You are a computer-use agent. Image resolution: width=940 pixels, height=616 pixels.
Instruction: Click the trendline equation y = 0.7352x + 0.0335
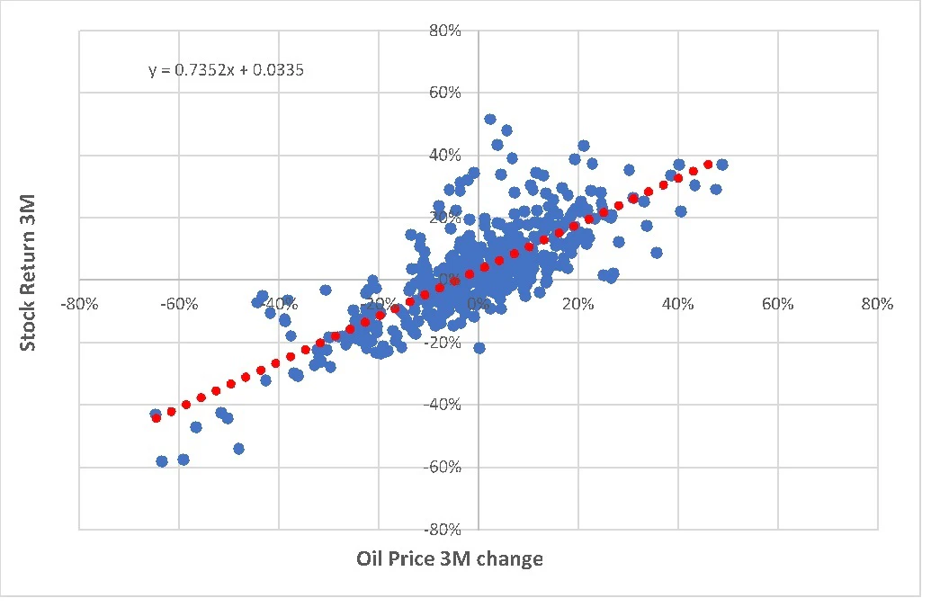pos(226,68)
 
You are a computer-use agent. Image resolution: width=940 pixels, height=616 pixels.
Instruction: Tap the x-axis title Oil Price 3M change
pos(450,559)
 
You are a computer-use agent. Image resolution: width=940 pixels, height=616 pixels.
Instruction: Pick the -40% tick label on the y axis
pos(445,405)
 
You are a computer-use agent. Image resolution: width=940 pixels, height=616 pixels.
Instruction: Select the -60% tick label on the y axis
pos(445,467)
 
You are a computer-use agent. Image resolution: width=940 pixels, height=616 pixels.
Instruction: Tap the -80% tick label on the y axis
pos(445,529)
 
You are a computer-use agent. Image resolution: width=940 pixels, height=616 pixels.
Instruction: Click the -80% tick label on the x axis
pos(78,304)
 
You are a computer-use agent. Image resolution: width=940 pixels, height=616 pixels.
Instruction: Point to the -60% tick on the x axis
pos(178,304)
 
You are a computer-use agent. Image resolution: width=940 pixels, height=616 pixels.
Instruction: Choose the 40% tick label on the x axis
pos(677,304)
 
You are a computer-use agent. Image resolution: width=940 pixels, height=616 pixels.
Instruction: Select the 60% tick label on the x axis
pos(777,304)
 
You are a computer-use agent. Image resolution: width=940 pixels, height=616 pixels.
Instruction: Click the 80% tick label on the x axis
pos(877,304)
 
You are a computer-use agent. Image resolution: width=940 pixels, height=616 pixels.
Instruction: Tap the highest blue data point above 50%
pos(490,119)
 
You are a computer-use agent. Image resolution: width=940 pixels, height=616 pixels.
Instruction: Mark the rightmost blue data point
pos(722,165)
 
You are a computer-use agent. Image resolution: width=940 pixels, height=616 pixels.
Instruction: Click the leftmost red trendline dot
pos(156,417)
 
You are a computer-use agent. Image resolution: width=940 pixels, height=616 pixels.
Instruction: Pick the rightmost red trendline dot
pos(708,165)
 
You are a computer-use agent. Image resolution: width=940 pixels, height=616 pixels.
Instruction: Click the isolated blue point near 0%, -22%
pos(479,347)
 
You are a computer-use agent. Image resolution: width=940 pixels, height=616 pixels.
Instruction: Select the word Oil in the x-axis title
pos(370,559)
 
